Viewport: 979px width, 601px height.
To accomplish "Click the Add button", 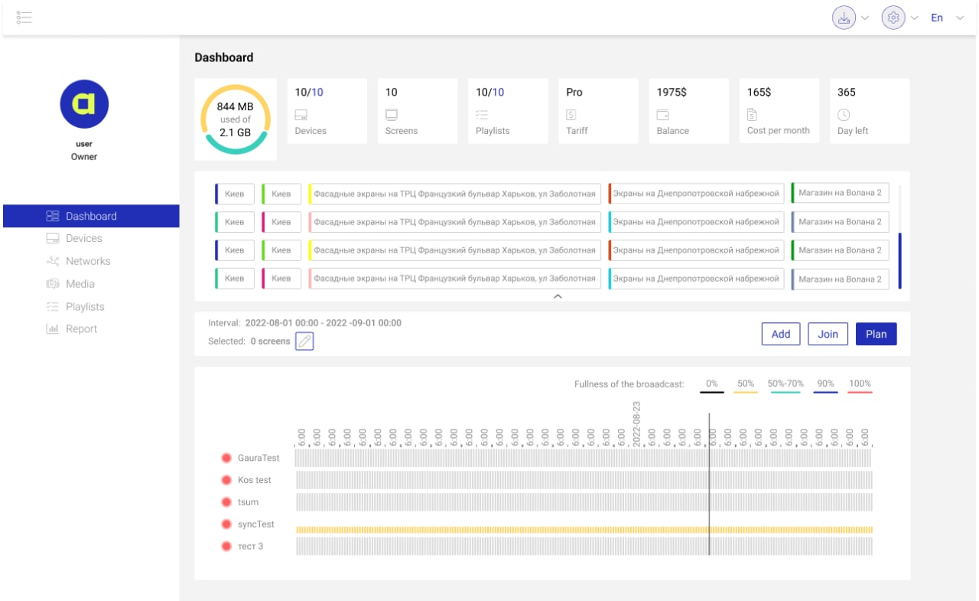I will point(781,334).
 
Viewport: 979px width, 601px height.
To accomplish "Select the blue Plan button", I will point(876,334).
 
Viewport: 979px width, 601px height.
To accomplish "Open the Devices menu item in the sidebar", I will point(83,239).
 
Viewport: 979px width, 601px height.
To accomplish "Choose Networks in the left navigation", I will point(87,261).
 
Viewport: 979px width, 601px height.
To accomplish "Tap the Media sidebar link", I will point(80,284).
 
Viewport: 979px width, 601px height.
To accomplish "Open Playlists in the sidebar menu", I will point(84,307).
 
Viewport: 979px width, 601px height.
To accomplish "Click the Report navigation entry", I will point(81,329).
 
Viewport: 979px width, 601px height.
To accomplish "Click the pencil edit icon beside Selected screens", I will point(304,341).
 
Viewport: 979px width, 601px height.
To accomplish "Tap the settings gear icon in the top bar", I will point(893,18).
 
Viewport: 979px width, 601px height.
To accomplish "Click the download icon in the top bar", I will point(844,18).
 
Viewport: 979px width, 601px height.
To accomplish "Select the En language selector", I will point(937,18).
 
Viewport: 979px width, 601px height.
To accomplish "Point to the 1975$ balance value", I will point(672,92).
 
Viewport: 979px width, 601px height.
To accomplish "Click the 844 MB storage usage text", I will point(236,107).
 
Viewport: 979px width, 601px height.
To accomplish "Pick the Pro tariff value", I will point(574,92).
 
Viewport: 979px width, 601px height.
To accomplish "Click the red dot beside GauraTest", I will point(226,458).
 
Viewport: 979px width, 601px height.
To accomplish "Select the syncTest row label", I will point(255,524).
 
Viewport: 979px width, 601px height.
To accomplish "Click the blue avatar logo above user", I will point(84,104).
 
